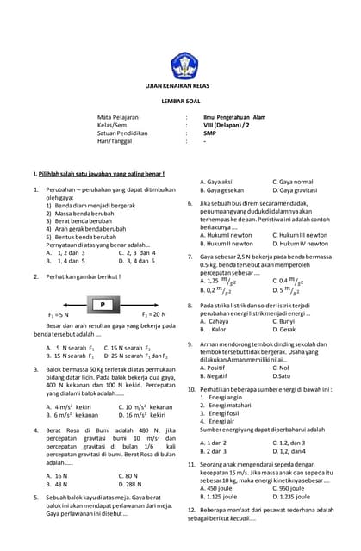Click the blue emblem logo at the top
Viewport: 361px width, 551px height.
point(184,65)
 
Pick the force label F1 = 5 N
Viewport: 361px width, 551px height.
point(59,315)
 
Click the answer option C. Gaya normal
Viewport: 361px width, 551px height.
point(294,182)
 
